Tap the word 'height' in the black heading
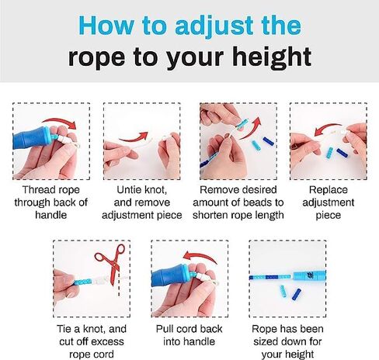[272, 57]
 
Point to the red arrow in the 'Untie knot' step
[134, 137]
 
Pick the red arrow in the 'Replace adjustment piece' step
[327, 128]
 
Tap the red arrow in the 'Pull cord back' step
[200, 255]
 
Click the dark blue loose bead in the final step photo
[297, 294]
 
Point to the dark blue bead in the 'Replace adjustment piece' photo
[342, 153]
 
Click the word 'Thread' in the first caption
[38, 189]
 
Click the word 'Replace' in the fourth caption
[328, 190]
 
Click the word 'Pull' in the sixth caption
[164, 329]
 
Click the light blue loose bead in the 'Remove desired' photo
[256, 146]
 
